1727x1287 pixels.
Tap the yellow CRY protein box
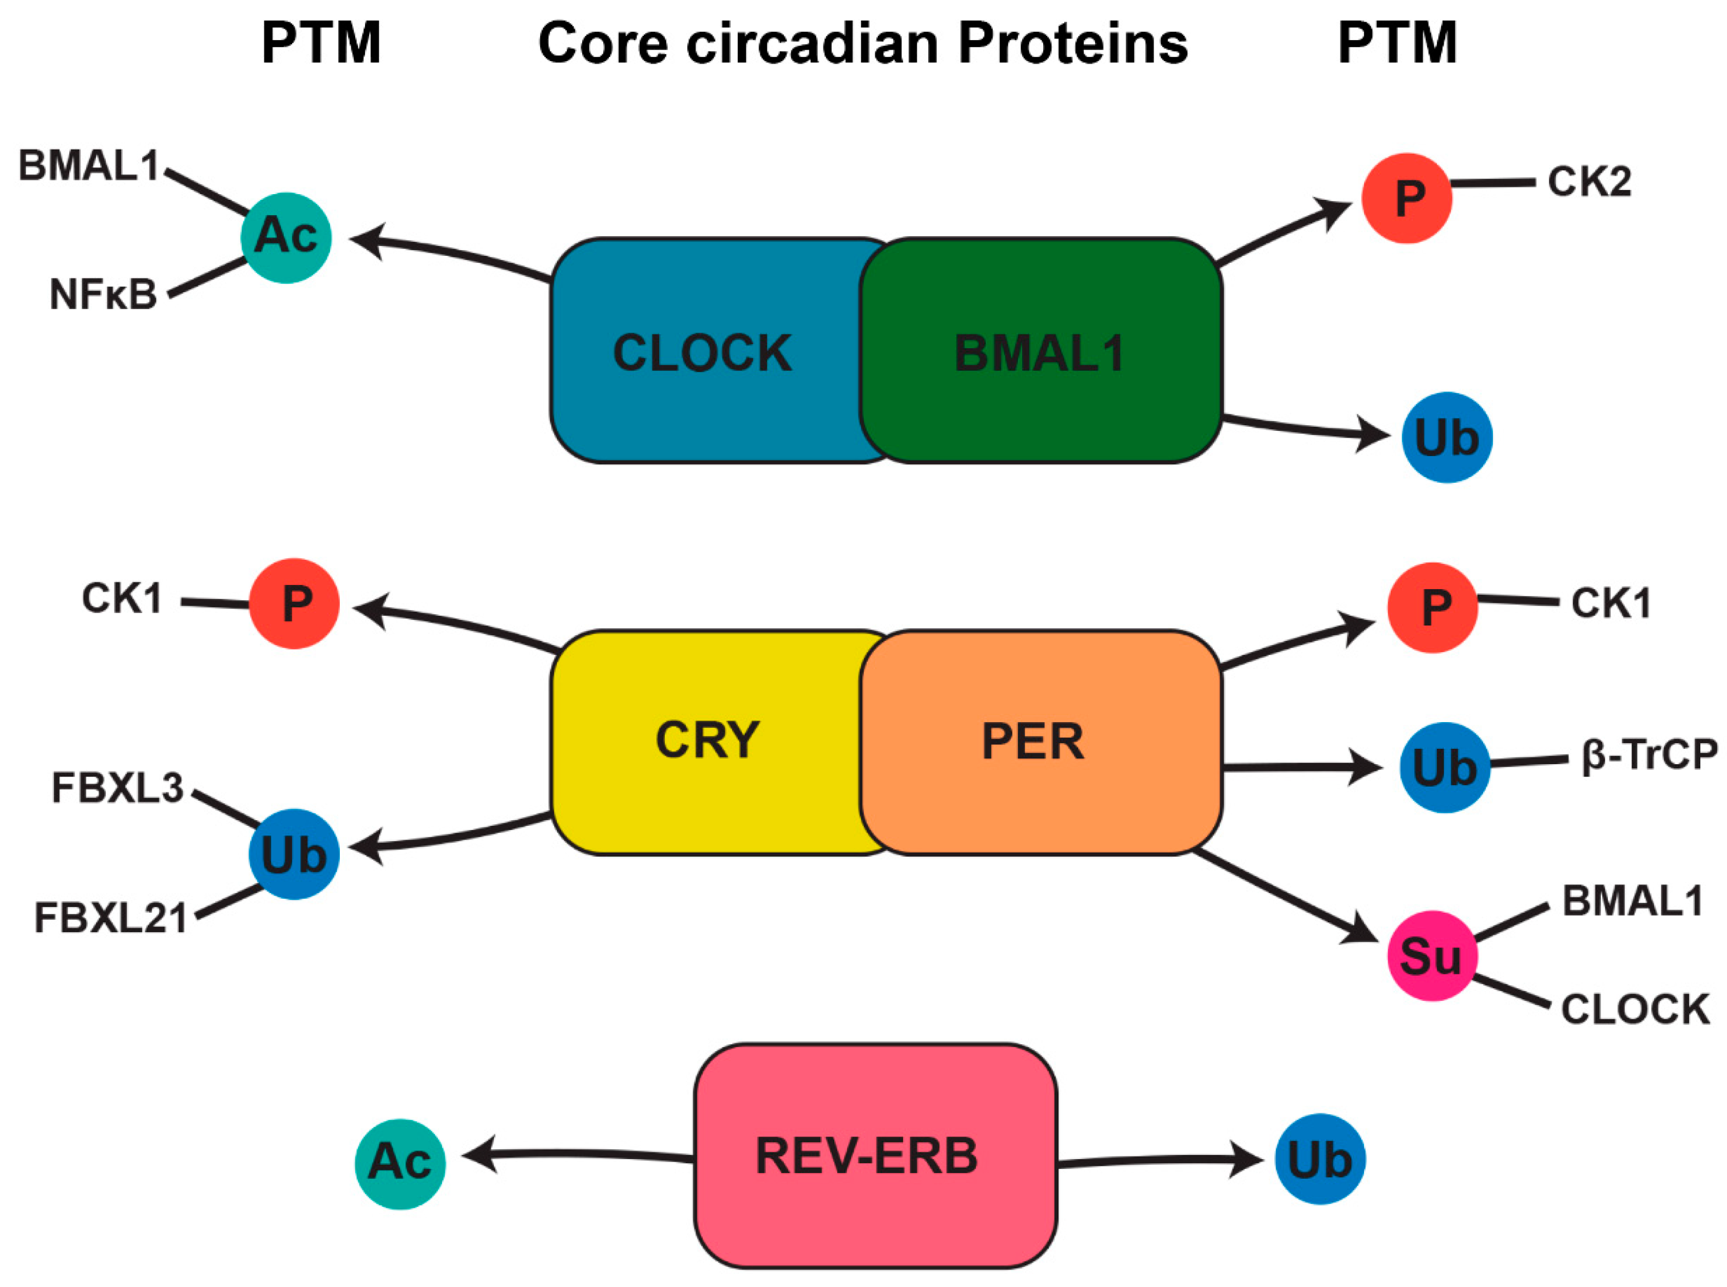pos(705,740)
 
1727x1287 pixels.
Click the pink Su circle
pos(1431,956)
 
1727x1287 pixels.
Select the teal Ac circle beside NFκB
pos(286,237)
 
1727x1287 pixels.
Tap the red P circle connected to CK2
pos(1406,198)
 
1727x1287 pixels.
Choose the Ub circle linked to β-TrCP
pos(1444,767)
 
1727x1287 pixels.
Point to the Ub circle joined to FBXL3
pos(294,855)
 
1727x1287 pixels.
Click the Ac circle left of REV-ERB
pos(399,1164)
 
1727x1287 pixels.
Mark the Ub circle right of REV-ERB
pos(1320,1159)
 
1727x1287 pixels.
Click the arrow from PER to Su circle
pos(1285,896)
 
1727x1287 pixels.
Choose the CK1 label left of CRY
pos(122,599)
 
